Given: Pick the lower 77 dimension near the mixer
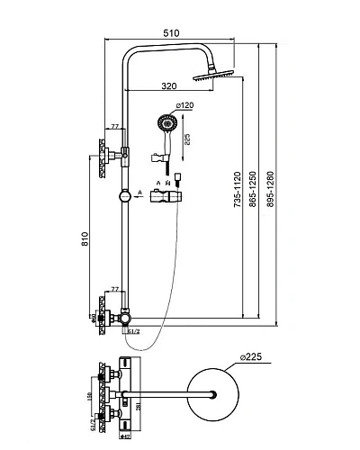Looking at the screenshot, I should (114, 289).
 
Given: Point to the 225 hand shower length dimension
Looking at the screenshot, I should (186, 139).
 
